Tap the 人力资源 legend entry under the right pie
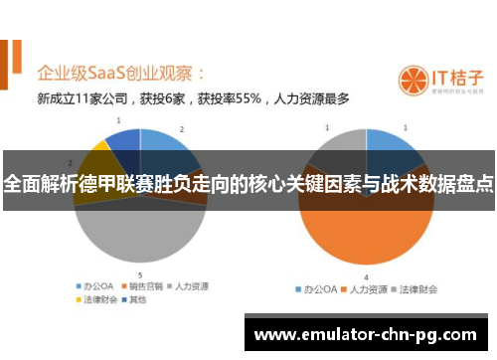point(364,289)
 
